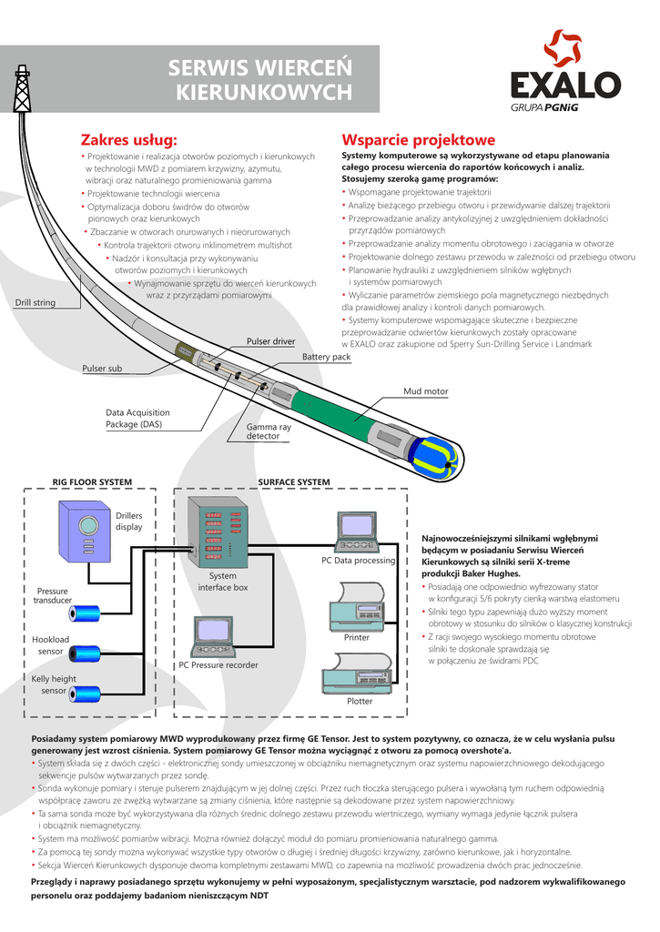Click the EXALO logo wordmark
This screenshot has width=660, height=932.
click(x=565, y=85)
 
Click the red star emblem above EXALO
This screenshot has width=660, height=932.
click(x=562, y=48)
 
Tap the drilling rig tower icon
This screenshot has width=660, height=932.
click(x=22, y=88)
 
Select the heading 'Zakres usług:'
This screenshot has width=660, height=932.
click(x=129, y=140)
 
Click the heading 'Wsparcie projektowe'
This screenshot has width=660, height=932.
click(x=418, y=140)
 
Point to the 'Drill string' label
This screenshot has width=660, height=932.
click(x=36, y=302)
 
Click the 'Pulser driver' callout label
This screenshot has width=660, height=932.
click(x=270, y=341)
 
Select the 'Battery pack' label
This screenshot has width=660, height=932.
click(x=326, y=357)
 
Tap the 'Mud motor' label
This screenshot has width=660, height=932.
click(x=426, y=391)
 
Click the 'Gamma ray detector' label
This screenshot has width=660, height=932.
click(x=269, y=431)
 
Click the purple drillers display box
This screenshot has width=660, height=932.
click(x=85, y=532)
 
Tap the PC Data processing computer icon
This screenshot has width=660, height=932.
click(x=357, y=532)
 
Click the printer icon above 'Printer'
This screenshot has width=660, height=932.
click(x=356, y=607)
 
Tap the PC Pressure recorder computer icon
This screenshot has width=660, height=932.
click(x=212, y=637)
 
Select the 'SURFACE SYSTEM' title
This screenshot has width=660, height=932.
click(x=294, y=482)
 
